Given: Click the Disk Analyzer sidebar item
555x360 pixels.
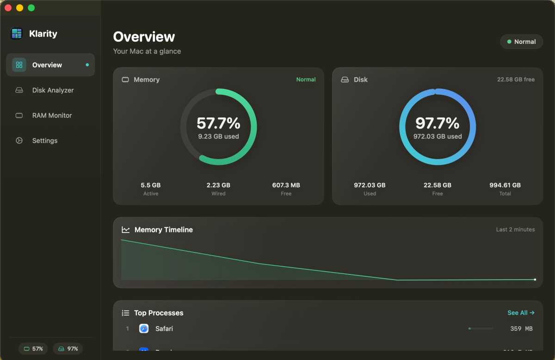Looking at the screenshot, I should point(52,90).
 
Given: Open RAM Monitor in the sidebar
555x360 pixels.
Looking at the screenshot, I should point(51,116).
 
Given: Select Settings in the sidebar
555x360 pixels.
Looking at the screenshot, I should point(44,140).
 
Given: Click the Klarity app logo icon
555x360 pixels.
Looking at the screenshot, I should point(17,34).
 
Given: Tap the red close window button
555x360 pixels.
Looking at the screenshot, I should point(8,8).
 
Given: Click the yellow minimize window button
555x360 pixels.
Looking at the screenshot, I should point(19,8).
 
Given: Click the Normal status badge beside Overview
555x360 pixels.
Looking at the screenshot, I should point(521,42).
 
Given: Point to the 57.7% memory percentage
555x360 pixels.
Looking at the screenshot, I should point(218,123).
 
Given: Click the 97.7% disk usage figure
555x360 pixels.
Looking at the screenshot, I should point(437,123).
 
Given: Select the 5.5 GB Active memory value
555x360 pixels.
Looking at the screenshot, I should point(151,185).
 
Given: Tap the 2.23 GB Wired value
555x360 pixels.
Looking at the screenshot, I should point(218,185).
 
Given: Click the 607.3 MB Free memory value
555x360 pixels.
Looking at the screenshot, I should point(286,185).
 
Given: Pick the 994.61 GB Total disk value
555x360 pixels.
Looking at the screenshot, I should point(505,185).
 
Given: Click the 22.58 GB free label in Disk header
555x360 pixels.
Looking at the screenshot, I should point(516,79).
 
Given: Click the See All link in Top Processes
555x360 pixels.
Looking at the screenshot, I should point(521,313).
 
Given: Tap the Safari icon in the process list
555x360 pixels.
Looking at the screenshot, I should point(144,329).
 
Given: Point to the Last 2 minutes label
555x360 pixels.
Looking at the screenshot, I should point(515,229).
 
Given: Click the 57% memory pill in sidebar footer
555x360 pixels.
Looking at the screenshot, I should point(33,349).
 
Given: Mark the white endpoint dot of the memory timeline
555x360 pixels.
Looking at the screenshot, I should point(535,280).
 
